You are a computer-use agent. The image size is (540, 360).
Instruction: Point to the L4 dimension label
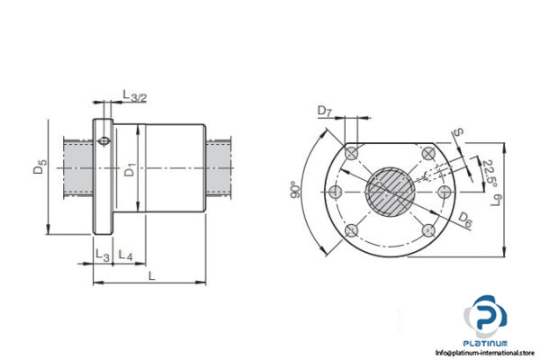pos(126,256)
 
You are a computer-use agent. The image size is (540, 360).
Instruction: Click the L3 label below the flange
pos(101,256)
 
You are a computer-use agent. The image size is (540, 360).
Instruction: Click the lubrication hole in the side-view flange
pos(103,139)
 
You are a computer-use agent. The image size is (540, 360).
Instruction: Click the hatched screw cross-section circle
pos(391,192)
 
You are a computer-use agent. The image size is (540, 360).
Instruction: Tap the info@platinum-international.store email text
pos(484,353)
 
